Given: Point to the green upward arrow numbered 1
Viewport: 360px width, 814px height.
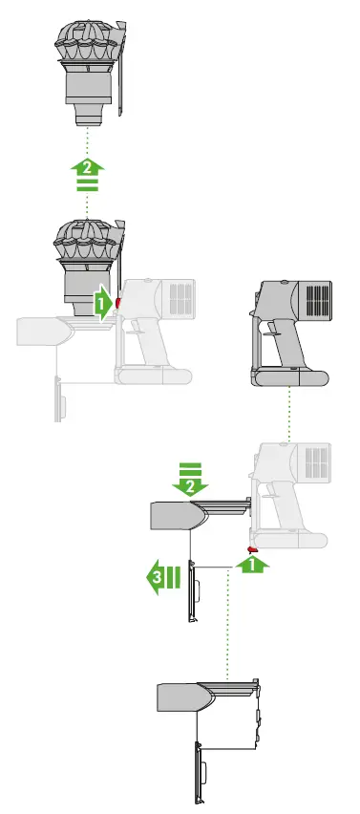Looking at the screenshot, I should click(x=252, y=566).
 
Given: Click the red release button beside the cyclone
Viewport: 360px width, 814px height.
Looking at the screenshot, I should click(x=118, y=303).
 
